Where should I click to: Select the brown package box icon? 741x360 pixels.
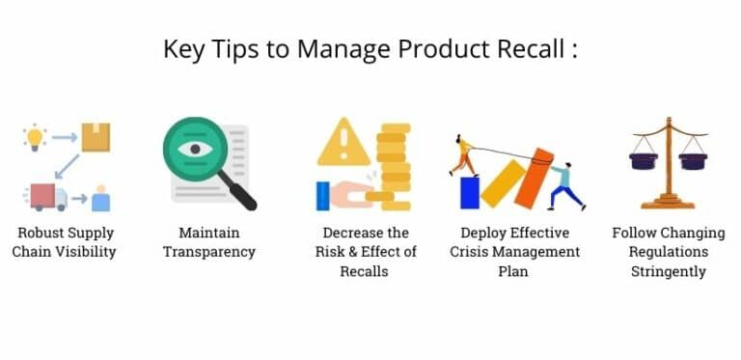click(95, 137)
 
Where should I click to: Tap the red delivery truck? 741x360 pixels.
click(47, 197)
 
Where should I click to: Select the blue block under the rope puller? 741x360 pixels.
click(470, 191)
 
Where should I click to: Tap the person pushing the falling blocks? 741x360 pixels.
click(563, 183)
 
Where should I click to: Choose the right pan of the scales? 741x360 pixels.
click(693, 161)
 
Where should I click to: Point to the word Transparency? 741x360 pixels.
click(208, 252)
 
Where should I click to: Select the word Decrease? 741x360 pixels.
click(342, 233)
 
